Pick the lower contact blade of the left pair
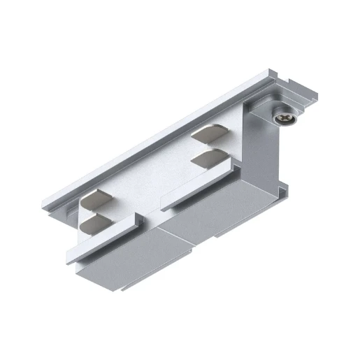pos(96,224)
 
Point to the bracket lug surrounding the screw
pos(265,112)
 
